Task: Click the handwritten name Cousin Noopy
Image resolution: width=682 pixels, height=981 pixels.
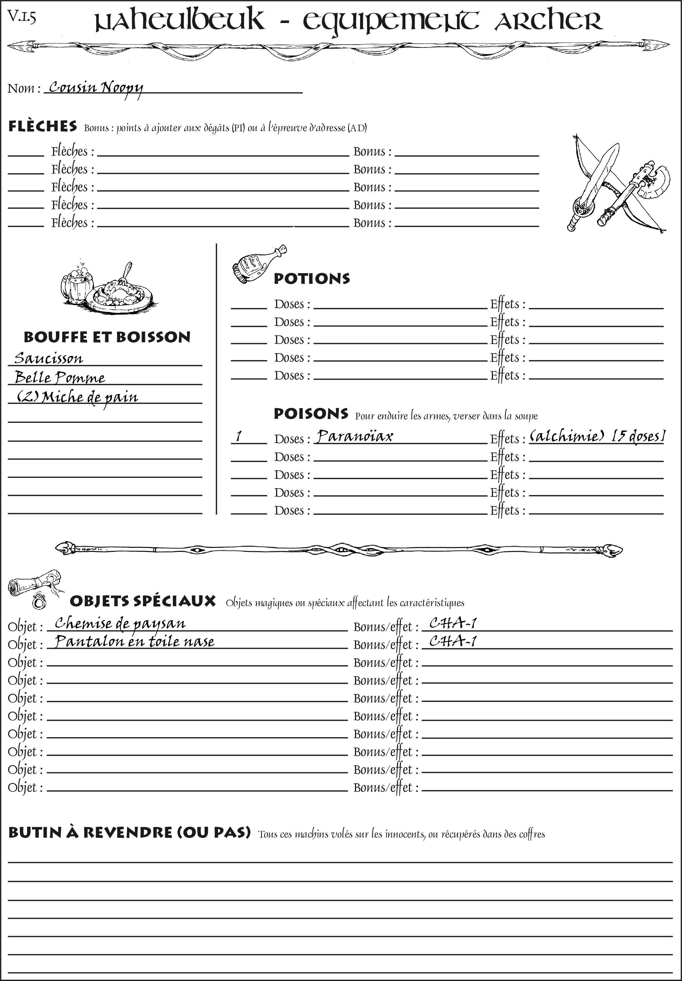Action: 96,88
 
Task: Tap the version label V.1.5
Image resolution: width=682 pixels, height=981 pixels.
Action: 22,17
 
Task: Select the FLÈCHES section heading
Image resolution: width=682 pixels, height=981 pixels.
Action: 43,126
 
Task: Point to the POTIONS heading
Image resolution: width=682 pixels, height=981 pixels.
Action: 311,279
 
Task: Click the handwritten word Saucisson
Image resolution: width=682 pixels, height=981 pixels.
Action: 48,358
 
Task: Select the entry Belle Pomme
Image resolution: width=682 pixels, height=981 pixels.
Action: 59,377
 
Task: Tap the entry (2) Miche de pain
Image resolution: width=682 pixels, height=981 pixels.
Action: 77,397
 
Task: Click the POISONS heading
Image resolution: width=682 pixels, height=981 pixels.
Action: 311,414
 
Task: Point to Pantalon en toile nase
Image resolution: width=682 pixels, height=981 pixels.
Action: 135,641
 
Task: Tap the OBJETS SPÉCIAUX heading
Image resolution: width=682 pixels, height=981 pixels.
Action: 142,601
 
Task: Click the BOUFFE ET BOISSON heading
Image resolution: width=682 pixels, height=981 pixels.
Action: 107,337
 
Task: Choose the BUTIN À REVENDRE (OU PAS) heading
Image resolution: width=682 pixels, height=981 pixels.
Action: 129,832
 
